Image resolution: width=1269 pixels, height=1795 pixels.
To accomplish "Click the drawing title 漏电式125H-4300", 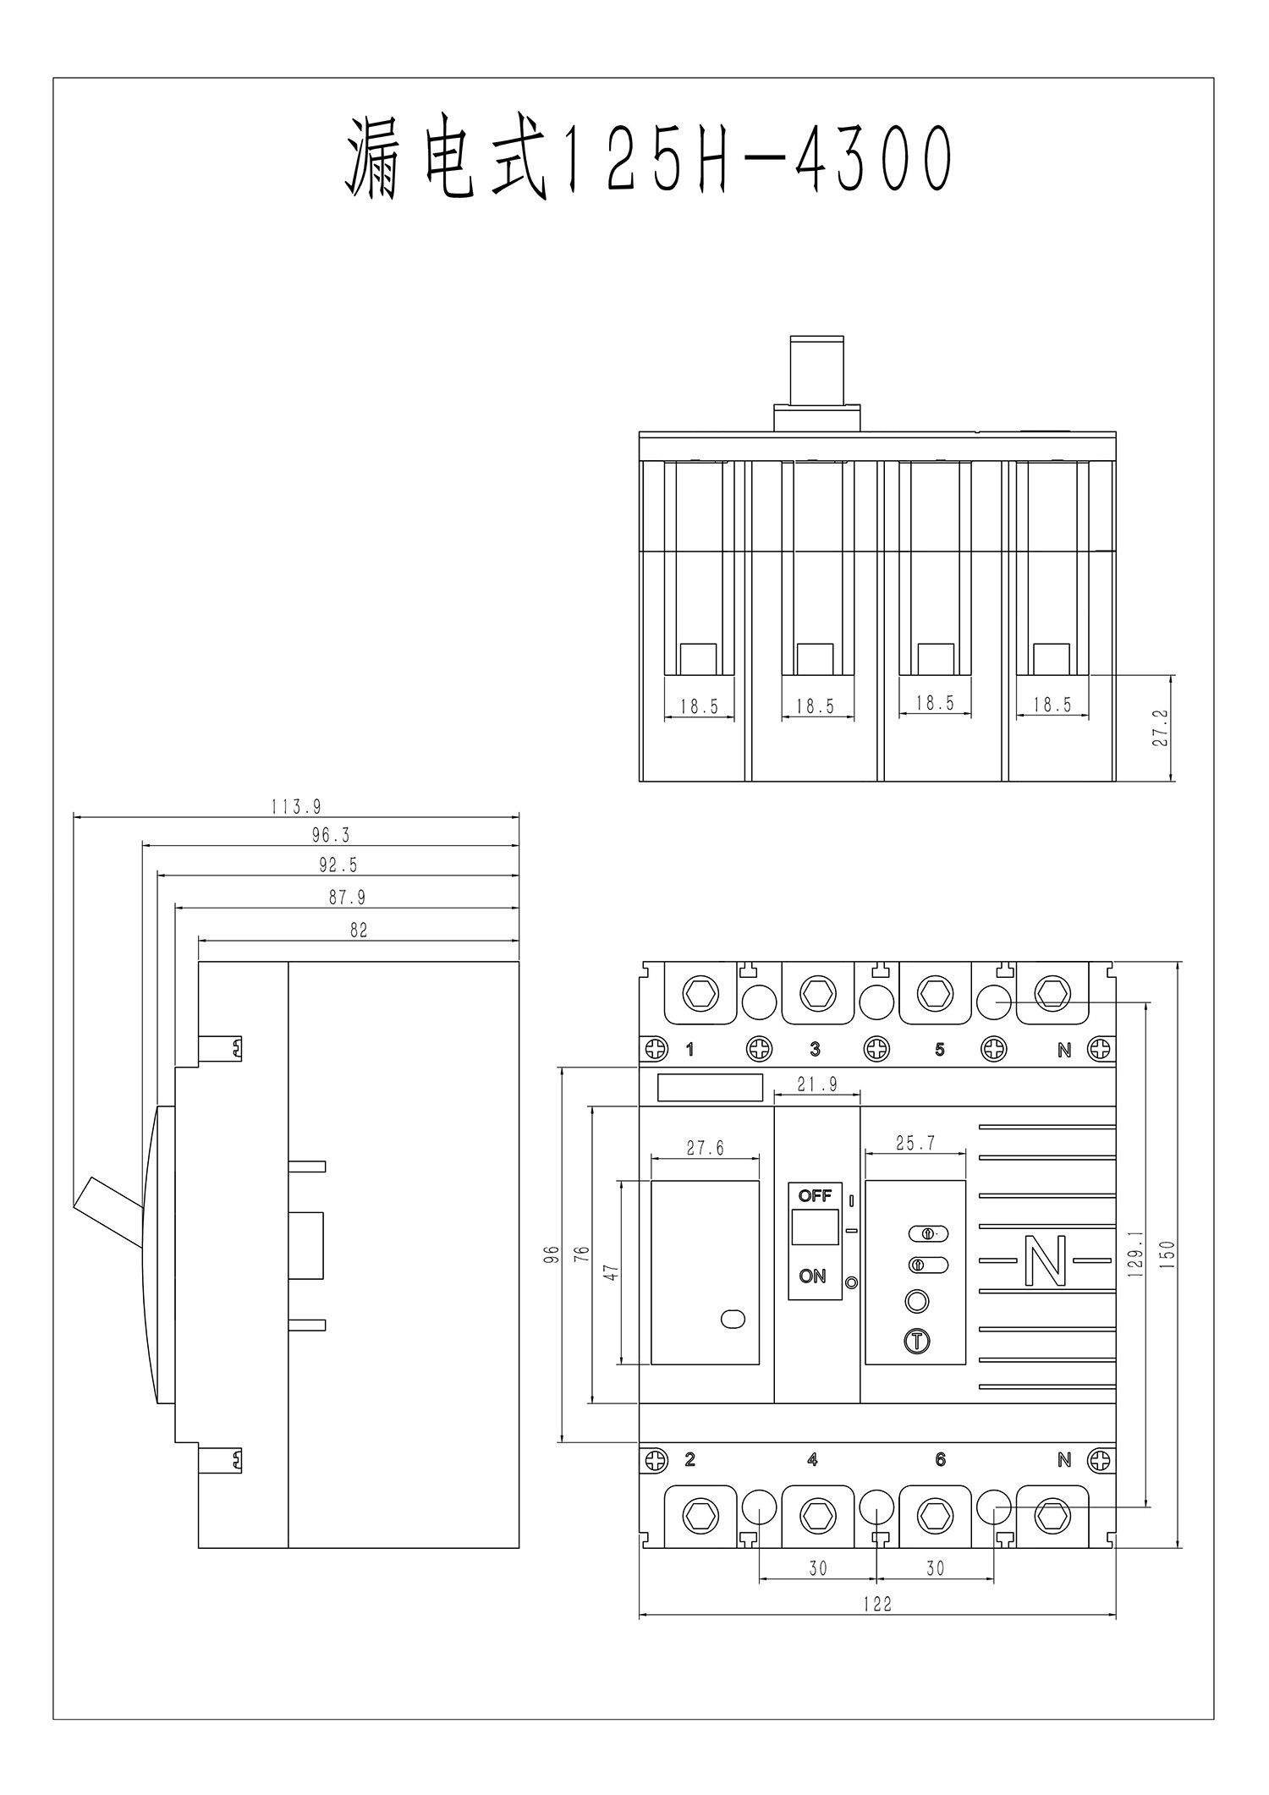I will (x=649, y=160).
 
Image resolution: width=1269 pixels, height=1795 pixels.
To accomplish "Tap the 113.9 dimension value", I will (x=296, y=807).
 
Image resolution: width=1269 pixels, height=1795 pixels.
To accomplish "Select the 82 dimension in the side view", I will (x=359, y=930).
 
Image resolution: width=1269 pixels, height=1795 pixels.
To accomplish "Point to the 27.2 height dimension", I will (x=1160, y=727).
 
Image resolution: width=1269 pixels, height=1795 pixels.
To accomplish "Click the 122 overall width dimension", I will (x=877, y=1604).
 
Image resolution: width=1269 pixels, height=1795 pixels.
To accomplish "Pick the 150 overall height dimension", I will (x=1167, y=1255).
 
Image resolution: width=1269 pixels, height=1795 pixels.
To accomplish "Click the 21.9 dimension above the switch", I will (x=817, y=1084).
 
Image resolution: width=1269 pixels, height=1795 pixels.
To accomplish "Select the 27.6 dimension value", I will (x=706, y=1148).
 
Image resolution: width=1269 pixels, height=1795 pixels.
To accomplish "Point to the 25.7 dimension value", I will (x=915, y=1144).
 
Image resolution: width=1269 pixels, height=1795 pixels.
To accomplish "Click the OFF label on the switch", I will (x=815, y=1195).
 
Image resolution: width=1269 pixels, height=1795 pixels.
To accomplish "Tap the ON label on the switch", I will (x=812, y=1276).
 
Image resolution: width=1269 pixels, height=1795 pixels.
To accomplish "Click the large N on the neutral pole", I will (x=1046, y=1261).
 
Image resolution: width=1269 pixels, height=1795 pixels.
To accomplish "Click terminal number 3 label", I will (x=815, y=1050).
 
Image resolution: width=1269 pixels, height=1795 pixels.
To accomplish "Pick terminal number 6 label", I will (x=940, y=1459).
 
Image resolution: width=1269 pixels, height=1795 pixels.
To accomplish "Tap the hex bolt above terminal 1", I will (x=700, y=993).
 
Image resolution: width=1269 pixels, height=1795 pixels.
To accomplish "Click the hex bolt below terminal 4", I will (x=817, y=1515).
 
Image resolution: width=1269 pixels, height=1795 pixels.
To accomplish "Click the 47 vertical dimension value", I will (x=612, y=1272).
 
